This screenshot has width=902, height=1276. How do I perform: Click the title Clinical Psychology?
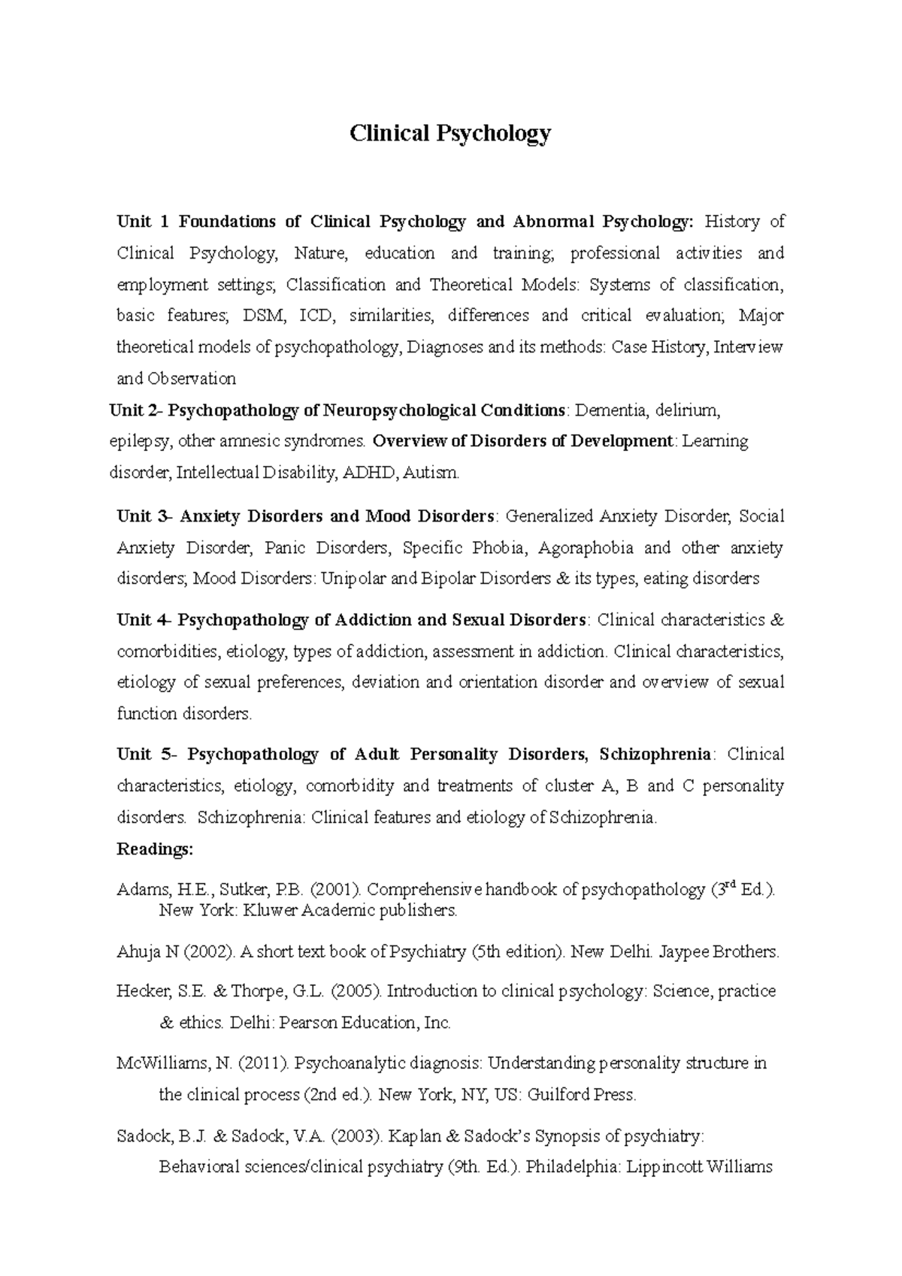450,134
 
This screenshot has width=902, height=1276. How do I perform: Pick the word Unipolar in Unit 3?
354,579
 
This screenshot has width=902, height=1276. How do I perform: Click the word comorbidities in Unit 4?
167,652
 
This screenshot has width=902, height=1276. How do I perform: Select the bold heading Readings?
155,849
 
